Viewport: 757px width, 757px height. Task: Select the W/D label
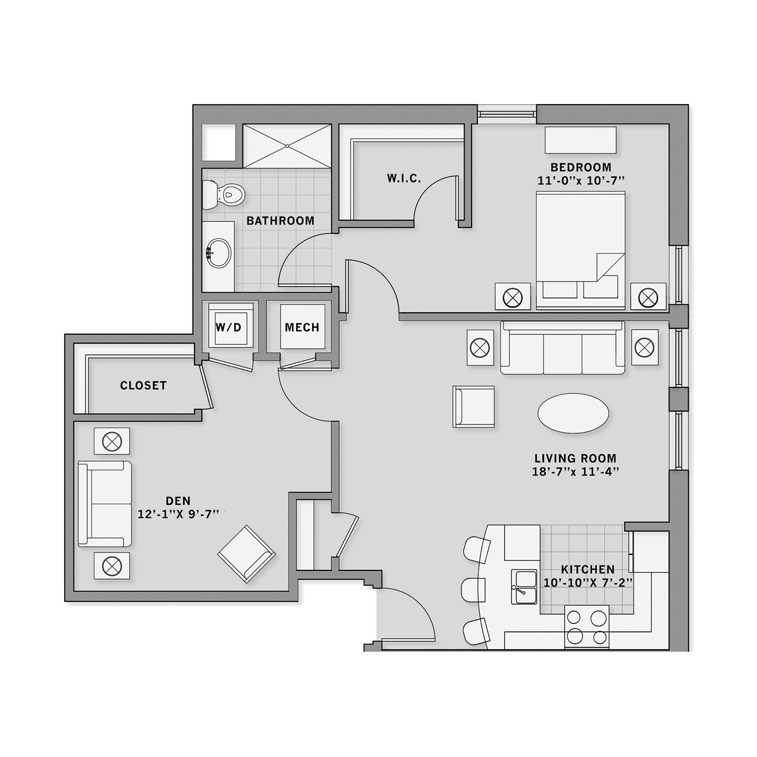click(x=229, y=326)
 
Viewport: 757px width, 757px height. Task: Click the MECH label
click(x=302, y=327)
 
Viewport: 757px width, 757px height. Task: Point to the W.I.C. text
click(x=404, y=179)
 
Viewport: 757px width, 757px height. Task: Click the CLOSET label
click(x=144, y=385)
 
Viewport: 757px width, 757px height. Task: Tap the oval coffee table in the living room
click(x=573, y=413)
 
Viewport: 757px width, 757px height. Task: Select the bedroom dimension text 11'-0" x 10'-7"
click(x=580, y=181)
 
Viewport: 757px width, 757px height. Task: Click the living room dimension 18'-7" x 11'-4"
click(x=576, y=472)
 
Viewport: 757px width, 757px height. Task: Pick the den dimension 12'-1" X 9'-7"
click(x=178, y=514)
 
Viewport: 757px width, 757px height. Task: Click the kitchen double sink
click(x=525, y=587)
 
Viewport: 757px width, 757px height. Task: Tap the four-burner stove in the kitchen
click(x=587, y=626)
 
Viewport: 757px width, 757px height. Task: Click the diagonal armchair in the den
click(x=247, y=554)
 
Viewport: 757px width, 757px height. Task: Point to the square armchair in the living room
click(x=474, y=406)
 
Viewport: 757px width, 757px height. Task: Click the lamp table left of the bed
click(x=513, y=296)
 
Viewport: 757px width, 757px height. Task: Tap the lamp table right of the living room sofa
click(x=645, y=347)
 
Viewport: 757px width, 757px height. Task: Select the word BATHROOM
click(x=281, y=221)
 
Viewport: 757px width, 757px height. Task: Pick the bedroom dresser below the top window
click(x=580, y=140)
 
